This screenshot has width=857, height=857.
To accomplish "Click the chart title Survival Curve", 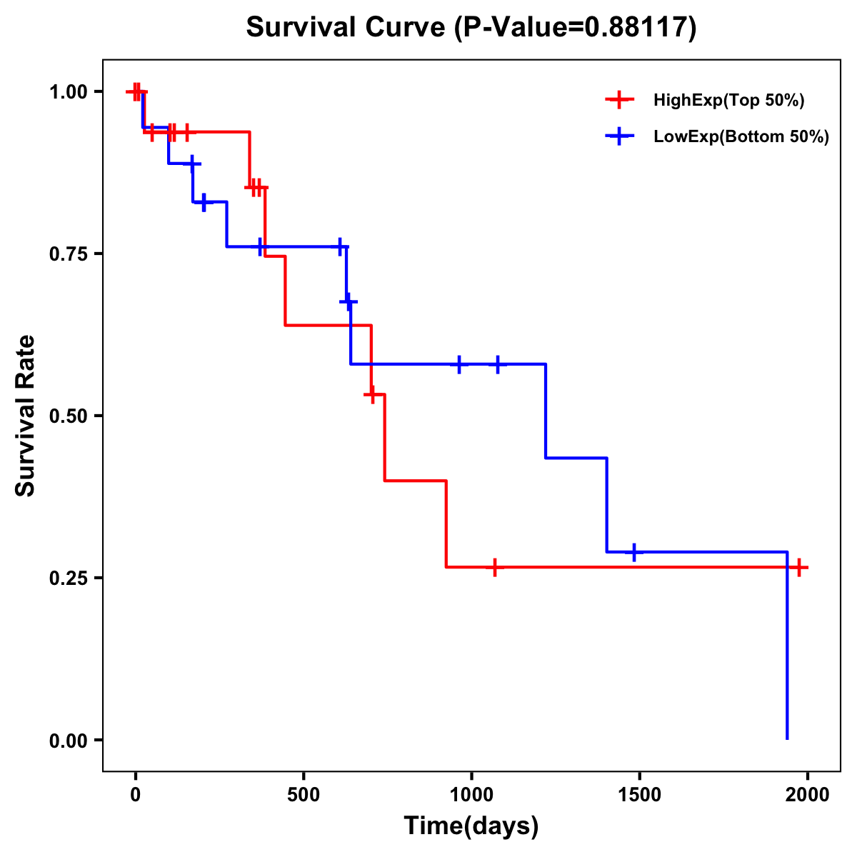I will (471, 27).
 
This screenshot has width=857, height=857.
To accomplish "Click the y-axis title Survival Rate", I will (26, 415).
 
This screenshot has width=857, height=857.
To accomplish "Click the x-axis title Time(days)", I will (471, 826).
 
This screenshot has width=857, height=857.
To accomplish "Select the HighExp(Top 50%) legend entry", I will (728, 101).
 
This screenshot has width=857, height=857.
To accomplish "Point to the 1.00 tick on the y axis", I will (69, 92).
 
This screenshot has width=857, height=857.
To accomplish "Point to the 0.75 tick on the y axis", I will (69, 254).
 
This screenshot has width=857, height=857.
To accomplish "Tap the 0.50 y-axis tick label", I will (69, 416).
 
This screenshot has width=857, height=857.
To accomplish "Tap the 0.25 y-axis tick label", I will (69, 578).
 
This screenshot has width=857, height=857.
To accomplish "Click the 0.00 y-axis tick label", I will (69, 741).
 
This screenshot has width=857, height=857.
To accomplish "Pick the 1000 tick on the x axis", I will (471, 792).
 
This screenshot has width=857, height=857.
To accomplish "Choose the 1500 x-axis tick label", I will (639, 792).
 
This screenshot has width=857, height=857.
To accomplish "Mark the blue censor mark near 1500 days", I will (634, 552).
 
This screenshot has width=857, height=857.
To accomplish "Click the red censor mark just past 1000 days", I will (494, 567).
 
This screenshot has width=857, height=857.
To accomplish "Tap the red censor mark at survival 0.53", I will (371, 394).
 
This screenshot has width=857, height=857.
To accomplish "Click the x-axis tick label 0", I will (135, 792).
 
